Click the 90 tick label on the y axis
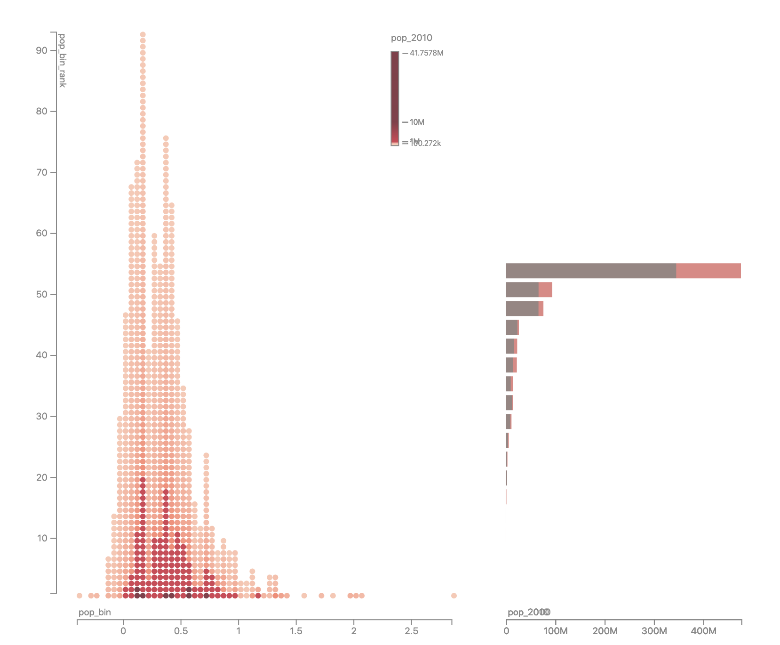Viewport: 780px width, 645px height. click(x=41, y=51)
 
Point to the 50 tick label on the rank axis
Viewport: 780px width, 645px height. click(x=41, y=295)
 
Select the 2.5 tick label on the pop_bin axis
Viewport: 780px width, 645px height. click(x=411, y=631)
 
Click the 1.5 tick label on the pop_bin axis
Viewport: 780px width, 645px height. click(x=296, y=631)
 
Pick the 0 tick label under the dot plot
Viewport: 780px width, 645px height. click(x=123, y=631)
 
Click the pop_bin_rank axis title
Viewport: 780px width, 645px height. click(x=62, y=60)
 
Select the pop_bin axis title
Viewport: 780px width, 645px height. click(x=95, y=613)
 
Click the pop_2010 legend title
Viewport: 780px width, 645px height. click(x=411, y=38)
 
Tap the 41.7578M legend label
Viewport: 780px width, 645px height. click(x=426, y=53)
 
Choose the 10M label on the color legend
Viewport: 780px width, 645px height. click(x=417, y=122)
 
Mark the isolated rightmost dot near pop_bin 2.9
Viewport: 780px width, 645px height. click(x=454, y=596)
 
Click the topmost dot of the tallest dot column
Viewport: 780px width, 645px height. click(x=143, y=34)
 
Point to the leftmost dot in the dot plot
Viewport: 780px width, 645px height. click(x=79, y=596)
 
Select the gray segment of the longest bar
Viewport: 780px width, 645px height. click(x=590, y=271)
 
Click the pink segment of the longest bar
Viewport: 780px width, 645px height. click(x=708, y=271)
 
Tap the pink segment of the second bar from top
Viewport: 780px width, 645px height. click(x=545, y=290)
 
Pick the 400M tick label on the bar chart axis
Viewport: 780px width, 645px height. click(x=704, y=631)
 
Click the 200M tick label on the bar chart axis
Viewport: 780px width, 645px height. click(x=605, y=631)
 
